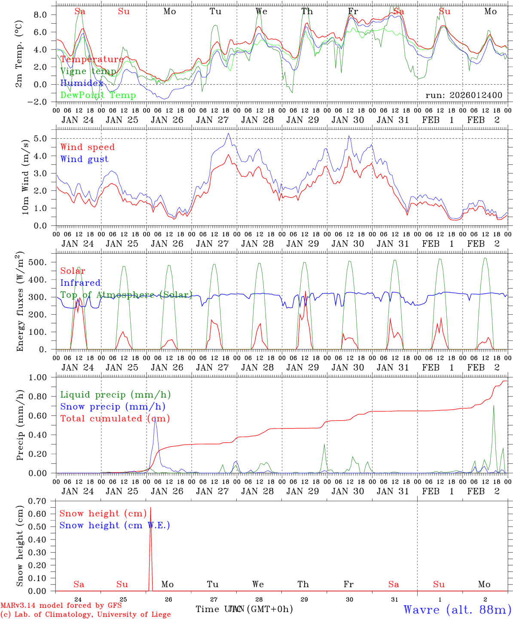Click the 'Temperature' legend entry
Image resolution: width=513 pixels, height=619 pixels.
92,59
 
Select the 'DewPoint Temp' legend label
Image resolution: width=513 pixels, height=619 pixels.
98,95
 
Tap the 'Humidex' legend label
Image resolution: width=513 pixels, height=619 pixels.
82,83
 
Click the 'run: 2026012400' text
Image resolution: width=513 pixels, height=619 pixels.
464,95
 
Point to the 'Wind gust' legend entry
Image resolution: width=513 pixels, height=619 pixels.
84,159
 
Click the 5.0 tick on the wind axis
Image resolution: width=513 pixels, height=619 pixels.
43,138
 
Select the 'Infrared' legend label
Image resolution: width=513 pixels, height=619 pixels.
80,283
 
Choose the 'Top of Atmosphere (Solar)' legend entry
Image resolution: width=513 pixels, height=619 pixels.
126,295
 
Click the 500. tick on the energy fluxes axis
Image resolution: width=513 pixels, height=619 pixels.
41,262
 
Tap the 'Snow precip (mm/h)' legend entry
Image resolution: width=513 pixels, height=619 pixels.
113,407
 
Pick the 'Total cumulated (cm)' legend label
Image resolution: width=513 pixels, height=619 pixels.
115,418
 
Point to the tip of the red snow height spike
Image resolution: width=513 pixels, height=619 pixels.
150,508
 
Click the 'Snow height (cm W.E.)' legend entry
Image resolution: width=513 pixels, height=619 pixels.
114,525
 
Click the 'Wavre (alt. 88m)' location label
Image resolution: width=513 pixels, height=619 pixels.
457,609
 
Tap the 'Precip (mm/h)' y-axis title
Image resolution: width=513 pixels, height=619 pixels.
20,425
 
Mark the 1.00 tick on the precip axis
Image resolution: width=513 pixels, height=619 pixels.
40,377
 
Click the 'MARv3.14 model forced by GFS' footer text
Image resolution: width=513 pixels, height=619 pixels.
61,605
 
